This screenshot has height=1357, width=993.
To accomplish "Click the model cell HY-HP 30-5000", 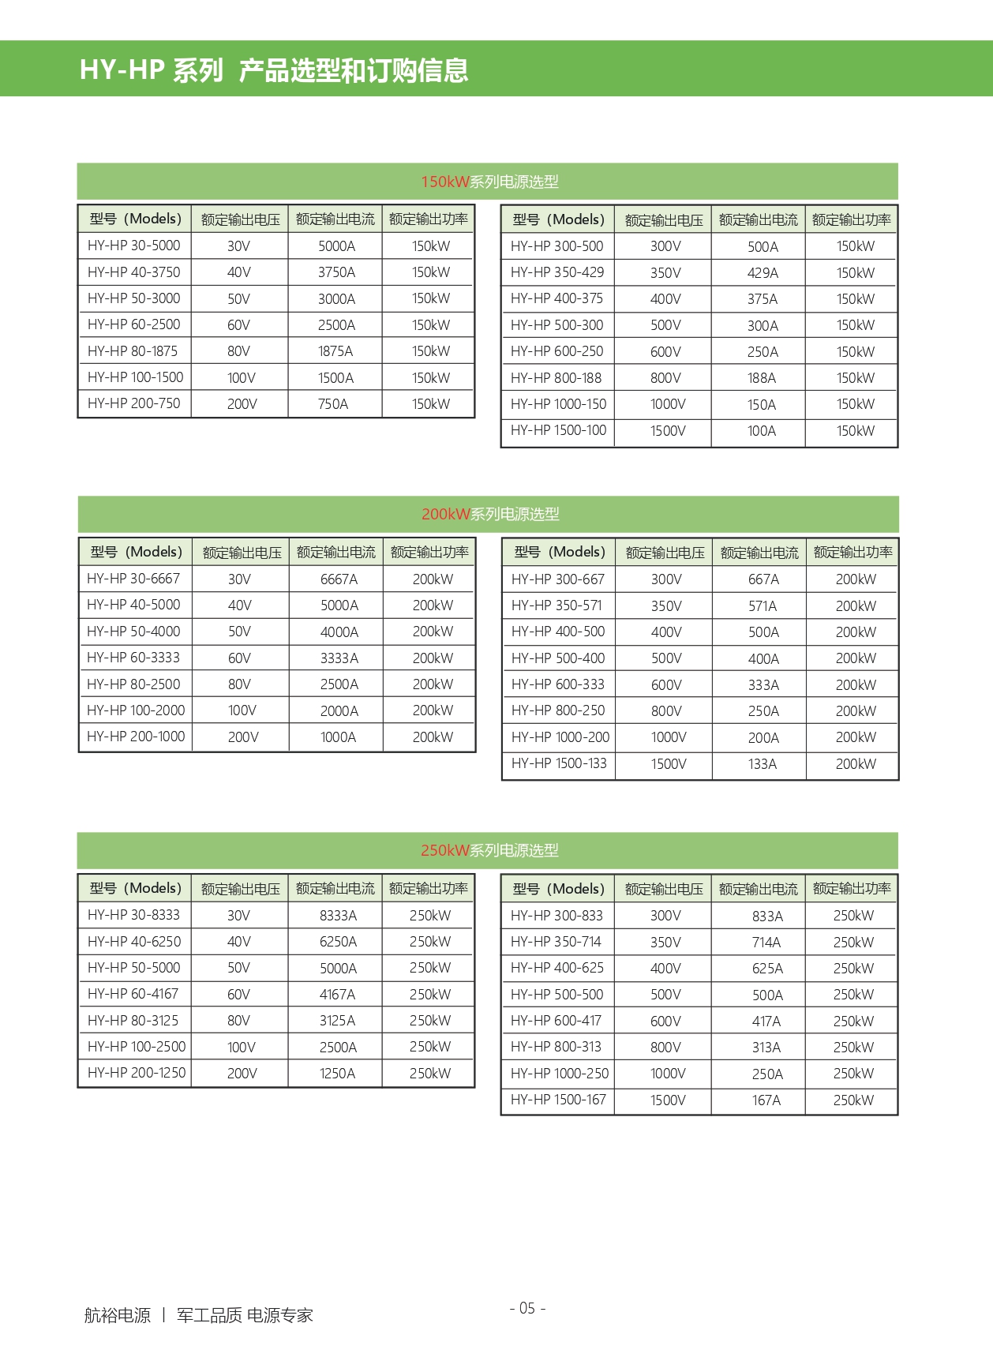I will click(134, 246).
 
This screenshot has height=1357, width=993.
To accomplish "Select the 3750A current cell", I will click(336, 272).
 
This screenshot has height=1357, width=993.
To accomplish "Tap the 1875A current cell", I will click(335, 351).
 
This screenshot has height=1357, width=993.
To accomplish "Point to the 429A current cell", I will click(763, 273).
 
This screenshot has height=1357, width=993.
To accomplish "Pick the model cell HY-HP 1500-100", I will click(558, 431).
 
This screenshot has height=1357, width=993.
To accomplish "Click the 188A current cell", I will click(762, 378).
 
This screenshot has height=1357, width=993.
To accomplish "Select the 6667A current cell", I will click(339, 579).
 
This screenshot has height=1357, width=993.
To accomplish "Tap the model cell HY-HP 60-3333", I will click(133, 658).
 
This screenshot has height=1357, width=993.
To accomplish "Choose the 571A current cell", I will click(763, 606).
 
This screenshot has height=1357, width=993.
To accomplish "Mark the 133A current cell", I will click(763, 764).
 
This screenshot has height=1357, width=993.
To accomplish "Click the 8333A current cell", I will click(338, 916).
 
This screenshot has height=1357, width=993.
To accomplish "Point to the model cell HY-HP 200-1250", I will click(137, 1073).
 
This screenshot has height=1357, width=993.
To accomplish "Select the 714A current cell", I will click(766, 943).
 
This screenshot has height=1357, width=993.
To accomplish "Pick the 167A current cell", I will click(766, 1100).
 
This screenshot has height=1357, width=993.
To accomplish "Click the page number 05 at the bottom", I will click(527, 1308).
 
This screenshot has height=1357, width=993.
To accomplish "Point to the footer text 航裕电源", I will click(117, 1315).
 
